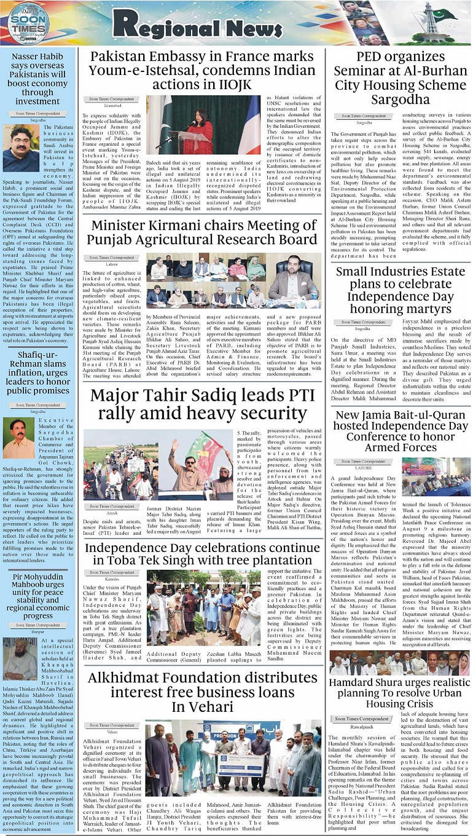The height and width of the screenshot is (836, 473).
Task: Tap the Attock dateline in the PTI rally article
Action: click(x=111, y=514)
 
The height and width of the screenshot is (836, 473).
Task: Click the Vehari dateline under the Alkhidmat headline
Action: click(x=112, y=732)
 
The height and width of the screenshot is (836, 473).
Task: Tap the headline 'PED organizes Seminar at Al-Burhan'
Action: click(x=401, y=79)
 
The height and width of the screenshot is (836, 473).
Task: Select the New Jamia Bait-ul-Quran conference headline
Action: click(x=401, y=431)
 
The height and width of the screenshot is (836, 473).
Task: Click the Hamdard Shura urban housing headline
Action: click(x=401, y=693)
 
